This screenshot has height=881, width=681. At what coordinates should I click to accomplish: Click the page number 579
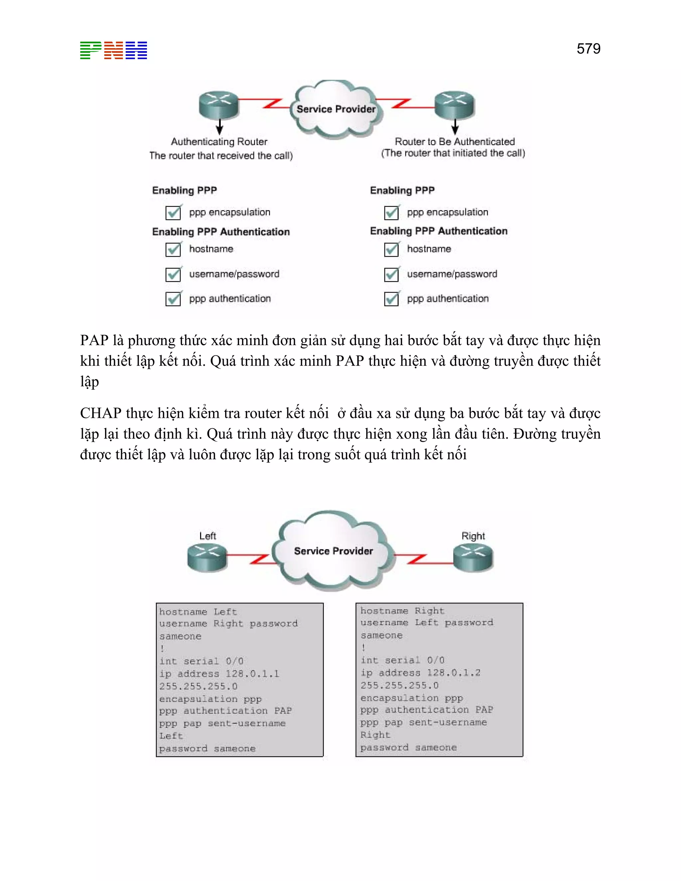[x=588, y=49]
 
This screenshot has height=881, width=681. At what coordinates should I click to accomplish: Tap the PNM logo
[x=113, y=51]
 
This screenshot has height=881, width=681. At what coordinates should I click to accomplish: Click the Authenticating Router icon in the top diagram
[x=219, y=104]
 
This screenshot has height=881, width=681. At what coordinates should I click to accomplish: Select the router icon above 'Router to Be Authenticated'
[x=455, y=104]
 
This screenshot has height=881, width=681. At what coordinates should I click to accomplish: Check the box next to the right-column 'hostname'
[x=391, y=249]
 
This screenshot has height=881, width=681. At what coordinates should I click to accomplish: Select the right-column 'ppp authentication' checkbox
[x=391, y=299]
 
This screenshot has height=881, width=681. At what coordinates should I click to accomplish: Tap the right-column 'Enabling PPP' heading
[x=402, y=190]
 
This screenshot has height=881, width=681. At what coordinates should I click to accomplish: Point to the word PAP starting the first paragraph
[x=94, y=340]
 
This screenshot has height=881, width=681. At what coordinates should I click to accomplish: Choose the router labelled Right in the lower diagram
[x=473, y=557]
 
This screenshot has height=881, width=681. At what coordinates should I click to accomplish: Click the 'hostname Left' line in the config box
[x=198, y=612]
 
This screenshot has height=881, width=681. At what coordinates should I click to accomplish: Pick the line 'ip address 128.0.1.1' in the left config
[x=219, y=674]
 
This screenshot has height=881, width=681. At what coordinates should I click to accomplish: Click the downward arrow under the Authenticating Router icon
[x=219, y=127]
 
